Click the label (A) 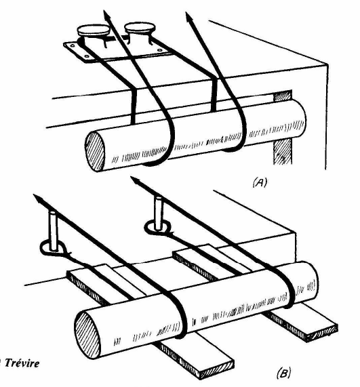coord(260,183)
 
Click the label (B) coord(284,373)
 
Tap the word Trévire coord(22,363)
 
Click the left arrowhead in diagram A coord(106,16)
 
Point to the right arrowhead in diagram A coord(189,17)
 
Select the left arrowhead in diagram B coord(38,198)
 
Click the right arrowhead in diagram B coord(136,181)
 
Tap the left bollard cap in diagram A coord(93,30)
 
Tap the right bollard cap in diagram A coord(140,28)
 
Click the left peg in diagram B coord(54,230)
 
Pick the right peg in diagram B coord(158,212)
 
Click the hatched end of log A coord(95,151)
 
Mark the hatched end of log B coord(87,334)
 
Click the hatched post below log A coord(282,152)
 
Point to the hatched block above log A coord(283,96)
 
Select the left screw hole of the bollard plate coord(73,45)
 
